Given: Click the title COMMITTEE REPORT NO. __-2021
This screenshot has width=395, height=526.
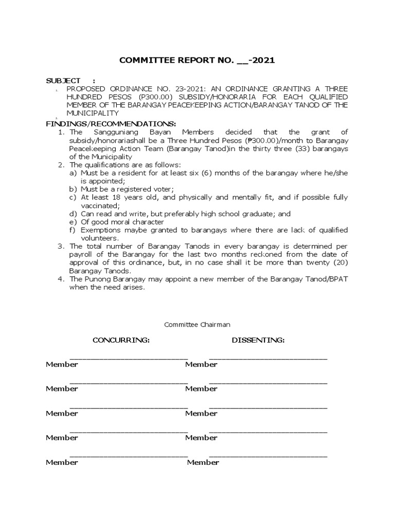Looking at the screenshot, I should (x=197, y=61).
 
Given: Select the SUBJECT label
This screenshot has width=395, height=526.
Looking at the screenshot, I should (x=63, y=81).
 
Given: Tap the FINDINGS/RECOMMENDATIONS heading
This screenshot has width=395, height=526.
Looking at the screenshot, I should (x=111, y=124).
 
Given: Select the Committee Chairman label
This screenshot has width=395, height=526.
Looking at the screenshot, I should (x=197, y=325).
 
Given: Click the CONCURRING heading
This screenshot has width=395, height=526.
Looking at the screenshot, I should (x=121, y=340).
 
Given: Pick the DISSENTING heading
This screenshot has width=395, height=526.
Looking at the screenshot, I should (x=258, y=340).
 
